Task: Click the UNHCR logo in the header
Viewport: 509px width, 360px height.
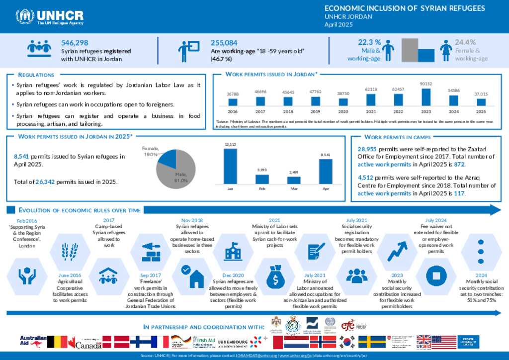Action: pyautogui.click(x=50, y=16)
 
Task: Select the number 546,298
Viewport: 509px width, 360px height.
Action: pyautogui.click(x=75, y=43)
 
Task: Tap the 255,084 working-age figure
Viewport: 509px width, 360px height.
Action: pyautogui.click(x=224, y=43)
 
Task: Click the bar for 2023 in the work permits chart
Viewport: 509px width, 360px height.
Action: pyautogui.click(x=425, y=97)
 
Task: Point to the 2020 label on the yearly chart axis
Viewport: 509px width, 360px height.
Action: pyautogui.click(x=343, y=112)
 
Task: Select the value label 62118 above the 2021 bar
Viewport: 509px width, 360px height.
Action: pyautogui.click(x=370, y=89)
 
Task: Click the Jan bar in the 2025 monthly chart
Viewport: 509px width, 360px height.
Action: pyautogui.click(x=230, y=166)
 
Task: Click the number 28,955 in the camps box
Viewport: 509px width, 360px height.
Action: pyautogui.click(x=368, y=149)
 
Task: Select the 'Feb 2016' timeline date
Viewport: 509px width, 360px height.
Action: pyautogui.click(x=27, y=220)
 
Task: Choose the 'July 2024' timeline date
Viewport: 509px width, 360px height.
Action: pyautogui.click(x=436, y=220)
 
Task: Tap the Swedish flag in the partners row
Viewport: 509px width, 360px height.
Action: pyautogui.click(x=372, y=342)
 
